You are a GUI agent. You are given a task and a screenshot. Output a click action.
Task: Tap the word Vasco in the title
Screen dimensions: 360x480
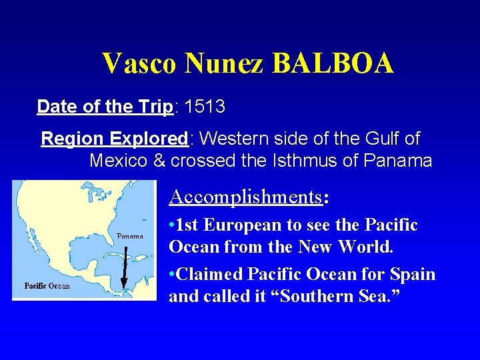[x=140, y=64]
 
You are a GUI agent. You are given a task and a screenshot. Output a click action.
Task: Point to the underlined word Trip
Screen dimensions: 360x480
[x=156, y=107]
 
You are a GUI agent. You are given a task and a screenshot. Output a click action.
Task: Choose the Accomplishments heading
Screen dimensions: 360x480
[x=246, y=197]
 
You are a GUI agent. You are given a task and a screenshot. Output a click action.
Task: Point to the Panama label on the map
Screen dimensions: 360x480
[x=130, y=236]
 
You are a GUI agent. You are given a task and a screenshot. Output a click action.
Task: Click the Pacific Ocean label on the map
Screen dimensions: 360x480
[x=47, y=286]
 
